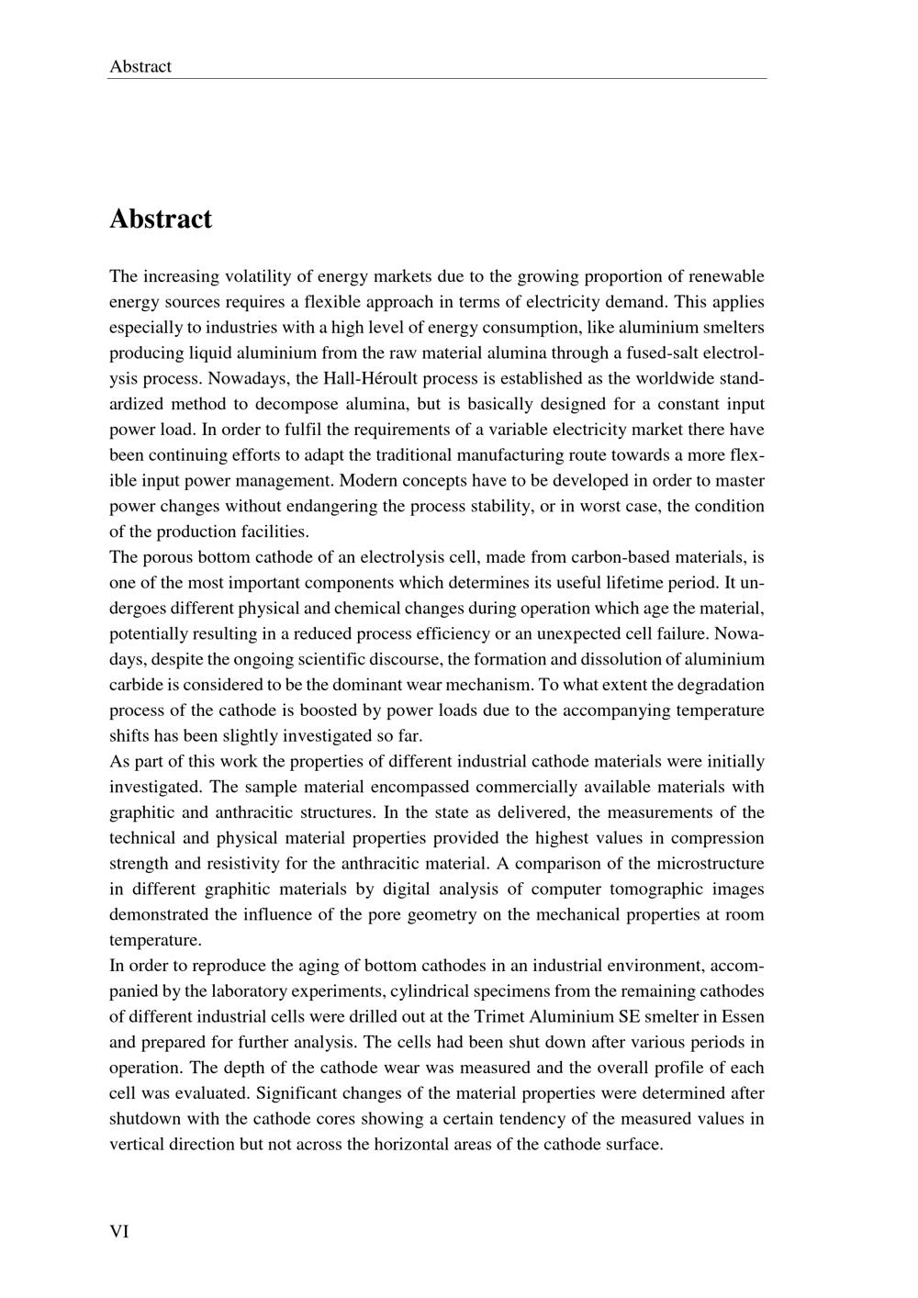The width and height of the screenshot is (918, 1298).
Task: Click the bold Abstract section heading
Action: click(x=161, y=219)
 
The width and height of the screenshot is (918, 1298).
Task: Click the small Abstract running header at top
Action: click(x=140, y=66)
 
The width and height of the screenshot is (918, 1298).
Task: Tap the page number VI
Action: click(x=119, y=1232)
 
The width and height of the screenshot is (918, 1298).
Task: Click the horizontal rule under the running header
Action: click(x=437, y=79)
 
